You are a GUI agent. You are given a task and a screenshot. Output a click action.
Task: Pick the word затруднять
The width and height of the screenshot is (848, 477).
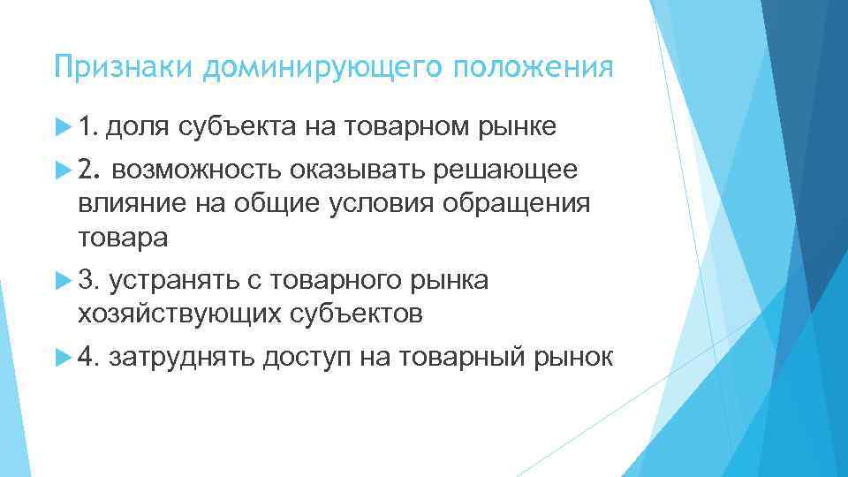coord(185,356)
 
